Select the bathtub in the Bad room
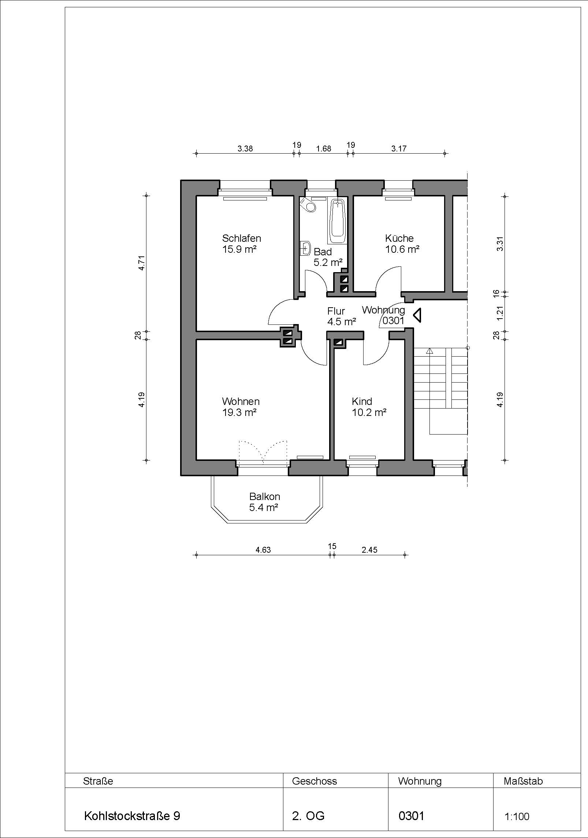click(337, 221)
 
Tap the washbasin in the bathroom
click(305, 248)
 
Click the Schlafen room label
click(241, 238)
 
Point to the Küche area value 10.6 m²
click(402, 249)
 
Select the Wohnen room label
click(241, 401)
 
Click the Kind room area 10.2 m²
click(369, 413)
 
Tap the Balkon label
click(264, 496)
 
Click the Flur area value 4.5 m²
click(342, 322)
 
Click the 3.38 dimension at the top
click(245, 149)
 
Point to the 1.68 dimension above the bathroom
click(324, 149)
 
